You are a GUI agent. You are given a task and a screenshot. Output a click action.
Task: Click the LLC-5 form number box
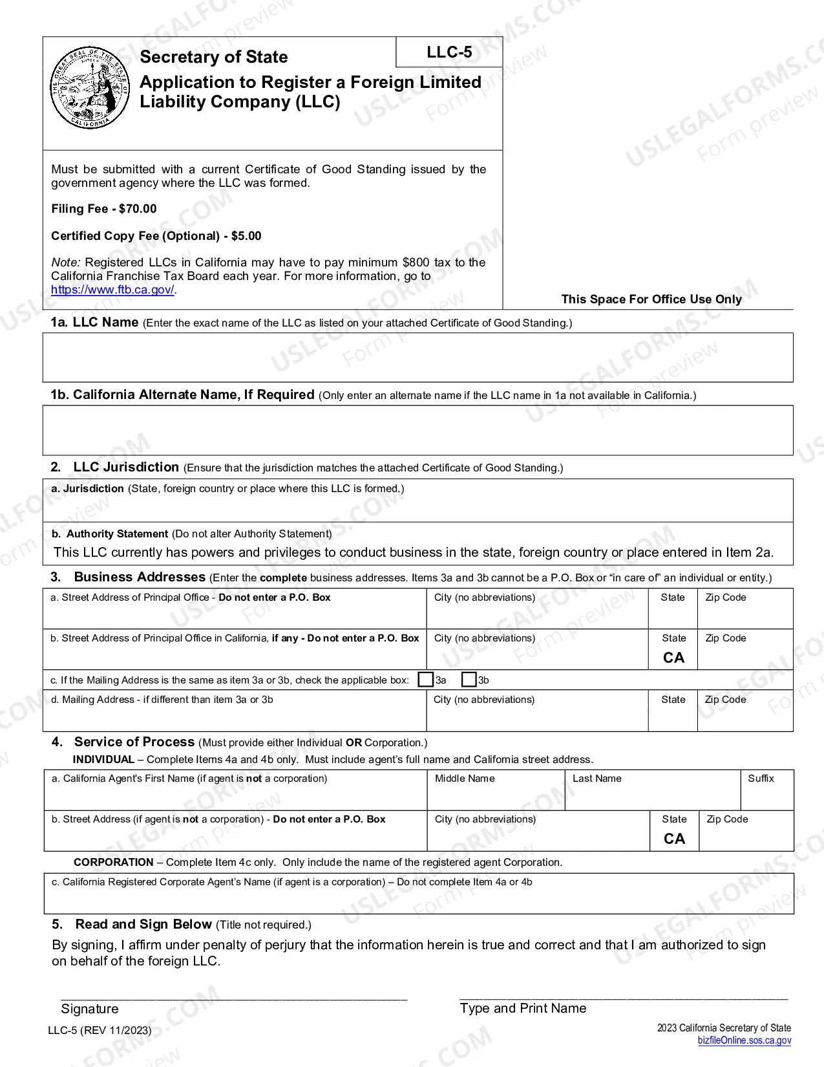tap(449, 52)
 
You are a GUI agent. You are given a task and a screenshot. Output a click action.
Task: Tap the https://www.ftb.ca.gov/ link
tap(113, 290)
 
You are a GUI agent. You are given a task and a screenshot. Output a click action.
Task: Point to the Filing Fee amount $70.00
tap(138, 209)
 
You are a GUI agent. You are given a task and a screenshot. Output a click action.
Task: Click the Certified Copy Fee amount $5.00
tap(246, 236)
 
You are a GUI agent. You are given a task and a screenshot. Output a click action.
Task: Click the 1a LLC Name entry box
tap(417, 357)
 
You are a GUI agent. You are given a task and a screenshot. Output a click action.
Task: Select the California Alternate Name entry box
tap(417, 430)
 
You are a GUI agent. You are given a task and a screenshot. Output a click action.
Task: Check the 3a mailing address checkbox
tap(425, 680)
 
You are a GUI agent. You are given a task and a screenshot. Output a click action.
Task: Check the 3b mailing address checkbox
tap(469, 680)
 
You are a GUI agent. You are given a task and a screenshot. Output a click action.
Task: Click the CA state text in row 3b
tap(673, 658)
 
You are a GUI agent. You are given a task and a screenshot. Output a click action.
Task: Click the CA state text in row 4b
tap(674, 839)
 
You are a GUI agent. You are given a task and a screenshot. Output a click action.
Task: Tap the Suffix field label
tap(761, 779)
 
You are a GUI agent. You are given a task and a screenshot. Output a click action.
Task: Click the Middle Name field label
tap(465, 779)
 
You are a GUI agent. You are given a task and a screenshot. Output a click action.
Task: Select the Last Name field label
tap(597, 779)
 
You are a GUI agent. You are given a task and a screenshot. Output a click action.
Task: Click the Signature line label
tap(90, 1009)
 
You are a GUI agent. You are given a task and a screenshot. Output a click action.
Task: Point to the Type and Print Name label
tap(523, 1008)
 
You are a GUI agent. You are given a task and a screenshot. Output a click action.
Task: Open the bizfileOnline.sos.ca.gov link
tap(744, 1040)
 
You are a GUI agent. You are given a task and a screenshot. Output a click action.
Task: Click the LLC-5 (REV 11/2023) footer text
tap(100, 1030)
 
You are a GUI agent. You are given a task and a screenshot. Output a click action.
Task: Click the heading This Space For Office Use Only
tap(651, 299)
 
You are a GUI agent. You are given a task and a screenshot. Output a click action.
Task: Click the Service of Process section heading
tap(134, 742)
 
